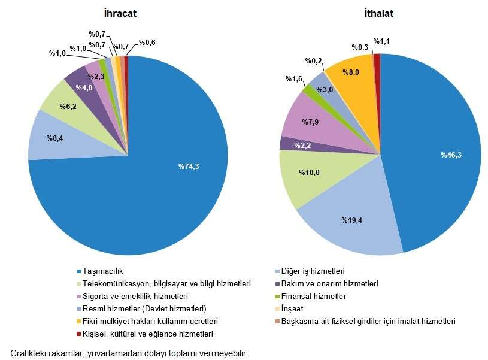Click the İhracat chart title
(x=127, y=13)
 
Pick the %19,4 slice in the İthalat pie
(x=353, y=221)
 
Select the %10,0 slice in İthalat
(x=308, y=173)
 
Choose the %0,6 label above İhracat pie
(x=147, y=43)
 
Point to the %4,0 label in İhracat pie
(x=84, y=88)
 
